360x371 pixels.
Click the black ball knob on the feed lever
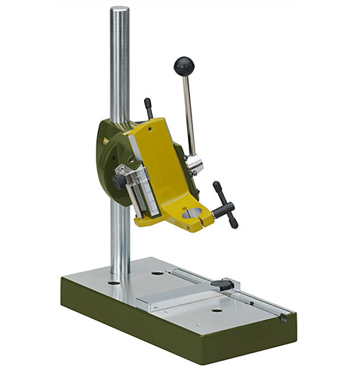point(184,66)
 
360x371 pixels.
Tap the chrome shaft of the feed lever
point(189,115)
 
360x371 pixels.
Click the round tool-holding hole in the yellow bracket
point(192,213)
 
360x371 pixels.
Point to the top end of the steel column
point(120,10)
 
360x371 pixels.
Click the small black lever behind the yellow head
point(148,108)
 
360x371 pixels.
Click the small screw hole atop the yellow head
point(149,130)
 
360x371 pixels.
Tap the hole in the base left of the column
point(114,283)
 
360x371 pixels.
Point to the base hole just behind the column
point(157,273)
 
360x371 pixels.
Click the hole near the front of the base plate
point(216,311)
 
